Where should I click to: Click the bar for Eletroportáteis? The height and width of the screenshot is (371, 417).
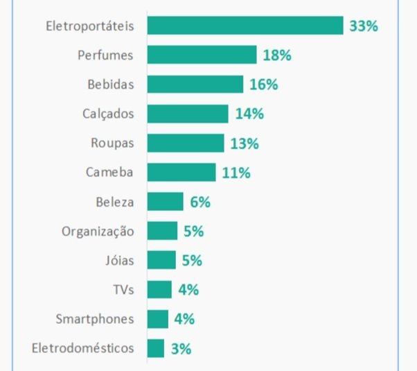tap(245, 26)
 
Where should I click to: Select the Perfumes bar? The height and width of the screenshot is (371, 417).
tap(202, 55)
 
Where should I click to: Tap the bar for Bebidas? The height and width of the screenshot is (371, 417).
tap(195, 85)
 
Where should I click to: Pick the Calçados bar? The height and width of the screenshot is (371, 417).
tap(188, 114)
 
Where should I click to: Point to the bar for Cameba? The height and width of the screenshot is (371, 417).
tap(181, 173)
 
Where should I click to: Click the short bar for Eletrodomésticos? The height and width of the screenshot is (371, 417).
tap(156, 348)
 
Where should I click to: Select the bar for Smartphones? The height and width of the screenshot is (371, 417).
tap(158, 319)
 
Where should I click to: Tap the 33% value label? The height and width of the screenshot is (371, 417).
tap(364, 26)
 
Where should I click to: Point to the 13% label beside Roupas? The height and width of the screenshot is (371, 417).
tap(245, 144)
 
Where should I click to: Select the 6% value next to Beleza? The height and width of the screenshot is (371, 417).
tap(200, 202)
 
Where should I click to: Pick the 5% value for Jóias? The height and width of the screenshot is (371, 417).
tap(192, 261)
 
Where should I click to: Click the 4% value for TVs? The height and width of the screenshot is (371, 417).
tap(188, 290)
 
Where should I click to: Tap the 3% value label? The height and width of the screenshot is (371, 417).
tap(181, 349)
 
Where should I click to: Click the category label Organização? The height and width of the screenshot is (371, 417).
tap(98, 232)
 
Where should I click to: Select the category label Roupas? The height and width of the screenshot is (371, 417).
tap(112, 144)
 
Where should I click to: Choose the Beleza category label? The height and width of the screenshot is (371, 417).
tap(115, 202)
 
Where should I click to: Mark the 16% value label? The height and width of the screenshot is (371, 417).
tap(264, 85)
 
